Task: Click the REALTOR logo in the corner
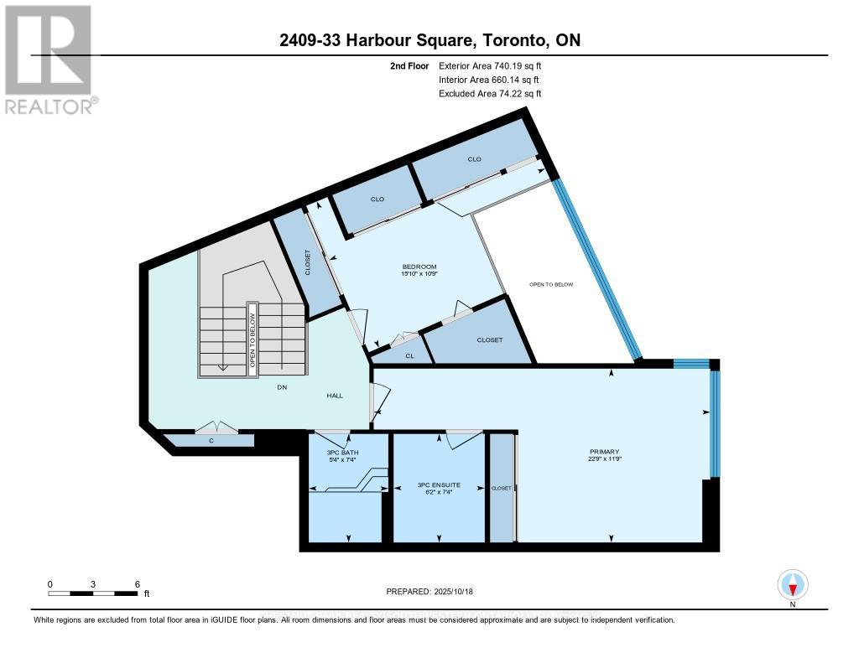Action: [48, 60]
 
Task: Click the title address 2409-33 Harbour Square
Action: [429, 39]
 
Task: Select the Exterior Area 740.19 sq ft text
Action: [496, 65]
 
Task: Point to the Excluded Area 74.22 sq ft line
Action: [490, 94]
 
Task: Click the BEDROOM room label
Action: [419, 267]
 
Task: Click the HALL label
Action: [336, 397]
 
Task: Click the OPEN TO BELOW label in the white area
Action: [551, 284]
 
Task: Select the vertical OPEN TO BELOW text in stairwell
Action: [252, 338]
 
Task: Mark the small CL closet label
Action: [409, 355]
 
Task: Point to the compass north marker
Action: [792, 584]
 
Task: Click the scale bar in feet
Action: [93, 593]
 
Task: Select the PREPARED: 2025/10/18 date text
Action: [429, 591]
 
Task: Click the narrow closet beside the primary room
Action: [502, 487]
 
